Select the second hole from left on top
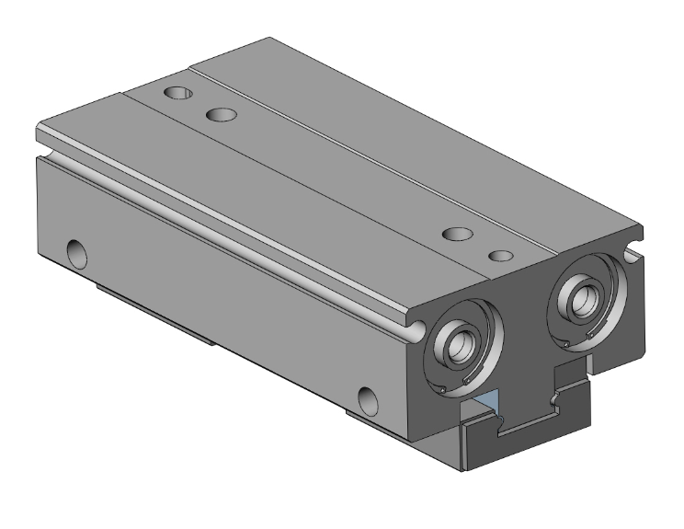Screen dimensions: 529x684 click(x=221, y=115)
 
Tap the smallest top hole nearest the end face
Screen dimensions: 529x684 click(x=500, y=255)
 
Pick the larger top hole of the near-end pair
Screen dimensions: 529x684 click(x=456, y=235)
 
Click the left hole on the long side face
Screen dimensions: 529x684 click(x=75, y=250)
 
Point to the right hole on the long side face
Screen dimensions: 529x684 click(x=368, y=398)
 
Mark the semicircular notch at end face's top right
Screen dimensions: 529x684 click(x=633, y=249)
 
